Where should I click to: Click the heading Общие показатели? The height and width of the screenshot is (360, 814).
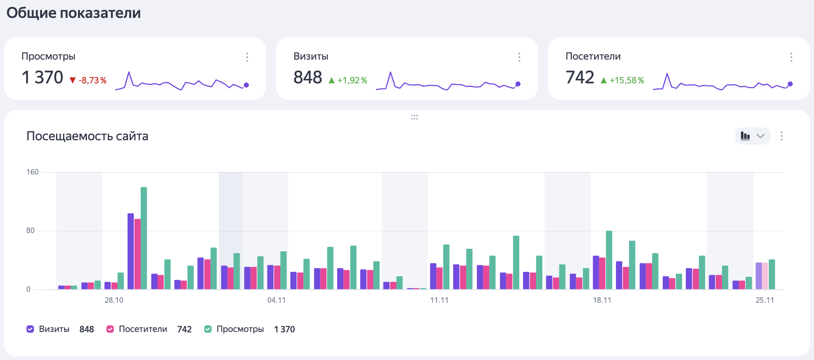click(74, 13)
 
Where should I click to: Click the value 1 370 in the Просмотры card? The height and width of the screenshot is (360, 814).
click(42, 77)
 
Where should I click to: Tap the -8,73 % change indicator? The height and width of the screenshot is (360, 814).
click(88, 80)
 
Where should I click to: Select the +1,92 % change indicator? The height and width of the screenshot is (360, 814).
click(348, 80)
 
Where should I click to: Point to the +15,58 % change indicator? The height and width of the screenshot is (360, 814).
click(623, 80)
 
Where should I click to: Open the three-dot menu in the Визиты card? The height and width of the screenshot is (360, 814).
click(519, 57)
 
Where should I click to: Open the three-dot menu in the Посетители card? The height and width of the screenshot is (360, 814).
click(791, 57)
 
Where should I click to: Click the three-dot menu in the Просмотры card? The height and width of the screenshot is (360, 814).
click(247, 57)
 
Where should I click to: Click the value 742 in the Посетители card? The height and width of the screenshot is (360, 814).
click(580, 77)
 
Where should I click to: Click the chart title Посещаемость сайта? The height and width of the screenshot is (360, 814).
click(87, 136)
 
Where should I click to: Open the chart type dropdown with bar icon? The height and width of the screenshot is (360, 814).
click(752, 136)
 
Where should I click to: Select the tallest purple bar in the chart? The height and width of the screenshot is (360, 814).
click(131, 251)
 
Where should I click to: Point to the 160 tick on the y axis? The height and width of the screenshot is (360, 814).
click(32, 172)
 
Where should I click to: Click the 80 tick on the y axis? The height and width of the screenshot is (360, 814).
click(30, 231)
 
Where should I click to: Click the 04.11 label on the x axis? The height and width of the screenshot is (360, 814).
click(276, 300)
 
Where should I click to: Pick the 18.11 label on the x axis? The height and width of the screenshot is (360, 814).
click(602, 300)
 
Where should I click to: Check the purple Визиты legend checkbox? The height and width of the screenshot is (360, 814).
click(30, 329)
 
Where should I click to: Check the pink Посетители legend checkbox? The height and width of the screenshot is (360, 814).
click(110, 329)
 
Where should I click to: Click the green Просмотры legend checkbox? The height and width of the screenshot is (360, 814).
click(208, 329)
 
